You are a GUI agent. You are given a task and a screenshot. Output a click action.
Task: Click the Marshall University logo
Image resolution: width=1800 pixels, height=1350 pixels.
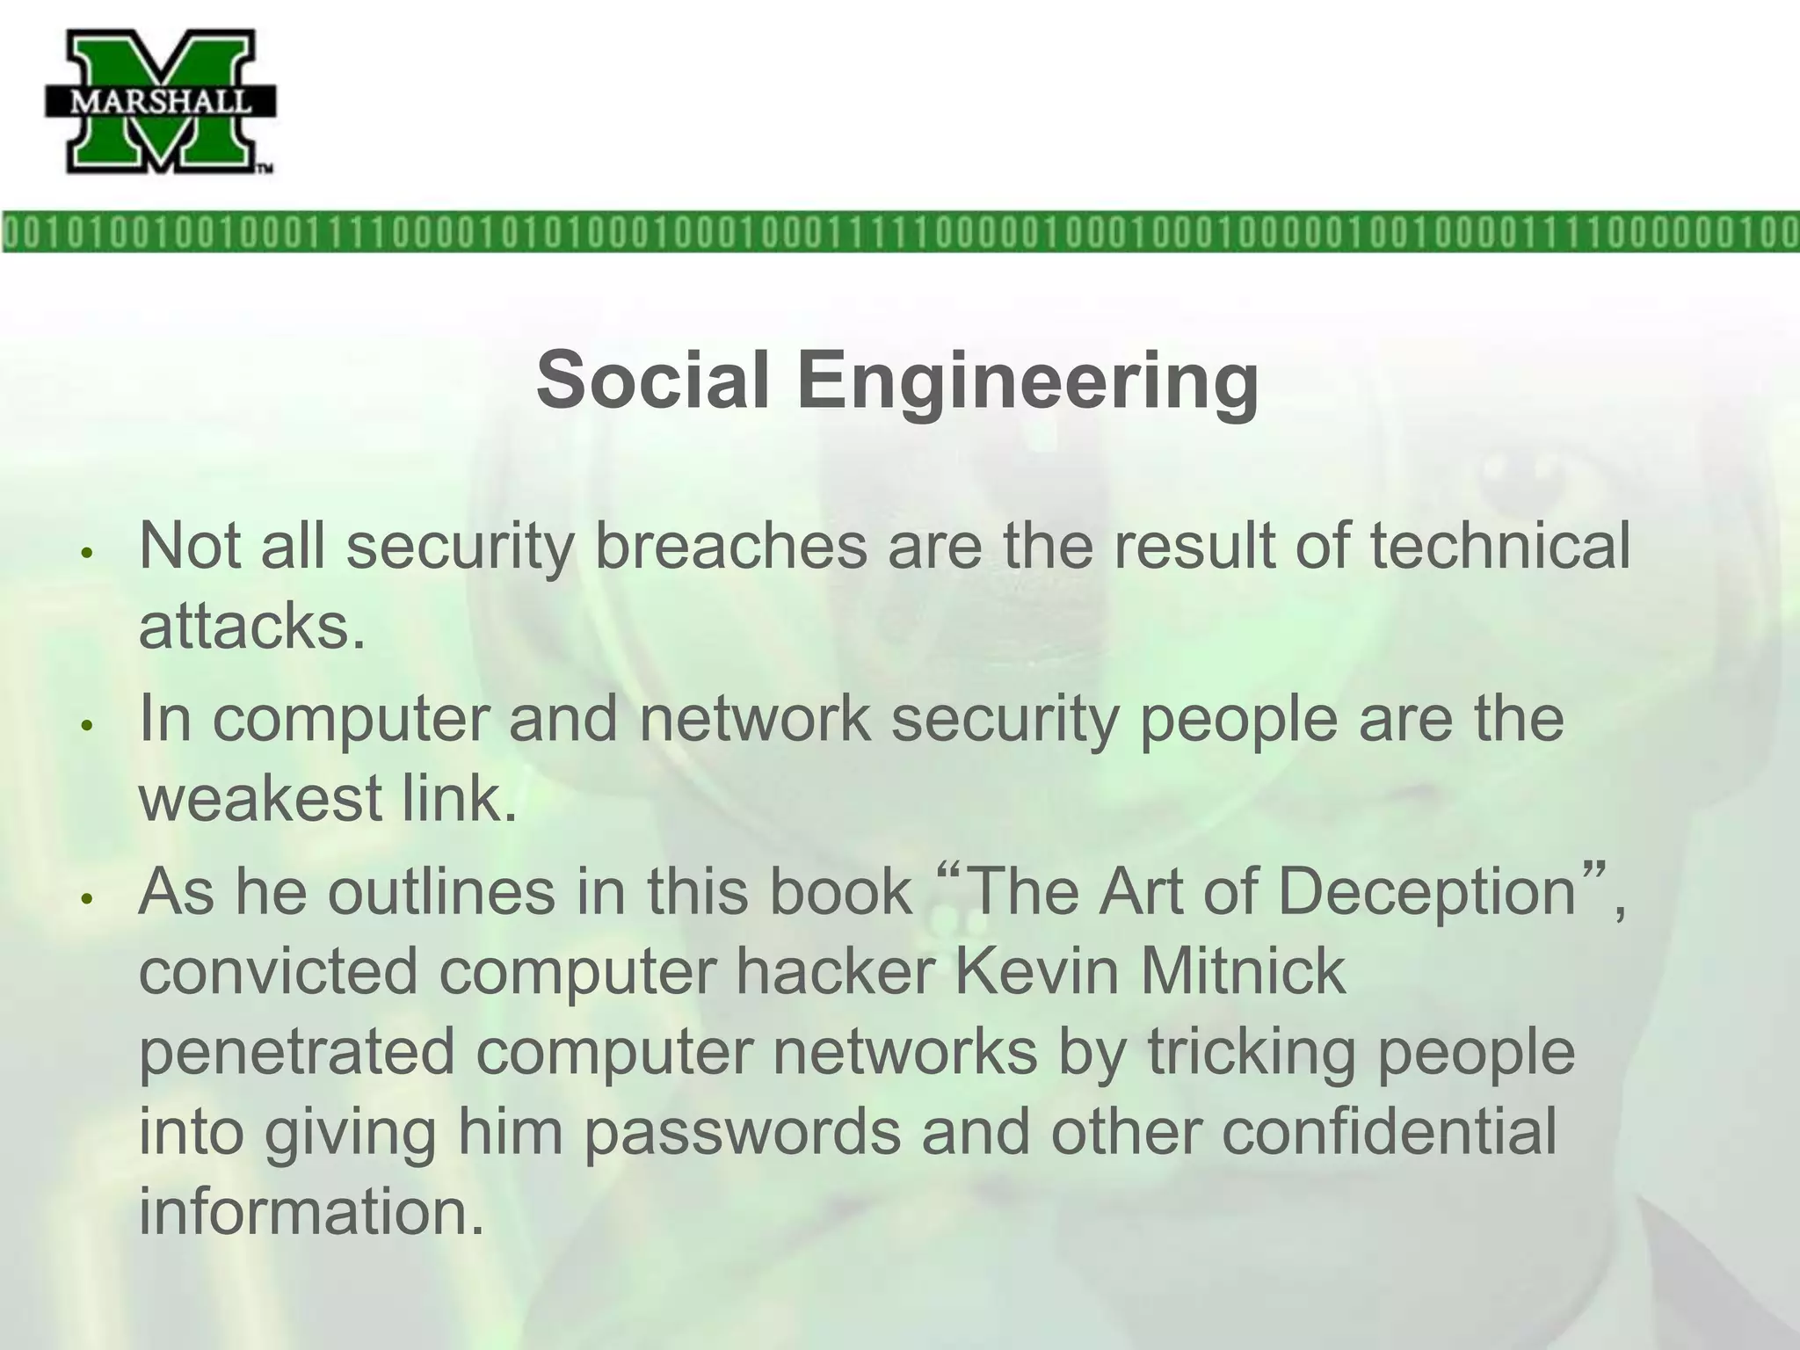pyautogui.click(x=161, y=101)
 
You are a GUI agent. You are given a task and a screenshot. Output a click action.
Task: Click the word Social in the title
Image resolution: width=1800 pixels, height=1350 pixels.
pyautogui.click(x=654, y=380)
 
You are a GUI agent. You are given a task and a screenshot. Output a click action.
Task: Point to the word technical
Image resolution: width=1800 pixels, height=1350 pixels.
pyautogui.click(x=1499, y=546)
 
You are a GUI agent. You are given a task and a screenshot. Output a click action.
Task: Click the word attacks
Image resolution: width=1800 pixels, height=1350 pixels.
pyautogui.click(x=251, y=627)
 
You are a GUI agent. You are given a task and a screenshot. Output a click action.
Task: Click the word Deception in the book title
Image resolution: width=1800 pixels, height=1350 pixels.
pyautogui.click(x=1426, y=893)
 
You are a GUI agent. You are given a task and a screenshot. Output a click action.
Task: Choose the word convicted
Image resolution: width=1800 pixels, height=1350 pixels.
pyautogui.click(x=279, y=971)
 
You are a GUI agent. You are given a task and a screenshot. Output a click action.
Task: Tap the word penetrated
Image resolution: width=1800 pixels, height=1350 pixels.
pyautogui.click(x=297, y=1052)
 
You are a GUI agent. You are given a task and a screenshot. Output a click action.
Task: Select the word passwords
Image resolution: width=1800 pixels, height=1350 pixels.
pyautogui.click(x=743, y=1133)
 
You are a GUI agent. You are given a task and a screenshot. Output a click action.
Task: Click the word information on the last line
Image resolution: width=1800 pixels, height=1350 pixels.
pyautogui.click(x=311, y=1211)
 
